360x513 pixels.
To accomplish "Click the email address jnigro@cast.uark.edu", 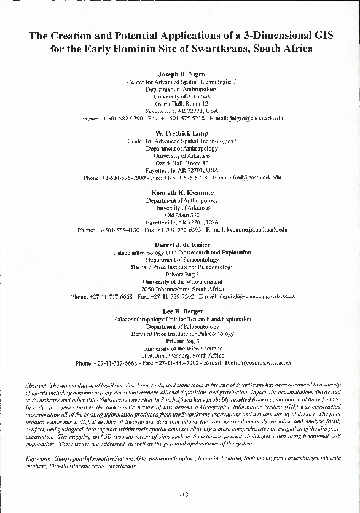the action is [x=254, y=118].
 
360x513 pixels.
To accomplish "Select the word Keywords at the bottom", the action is [x=40, y=458].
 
